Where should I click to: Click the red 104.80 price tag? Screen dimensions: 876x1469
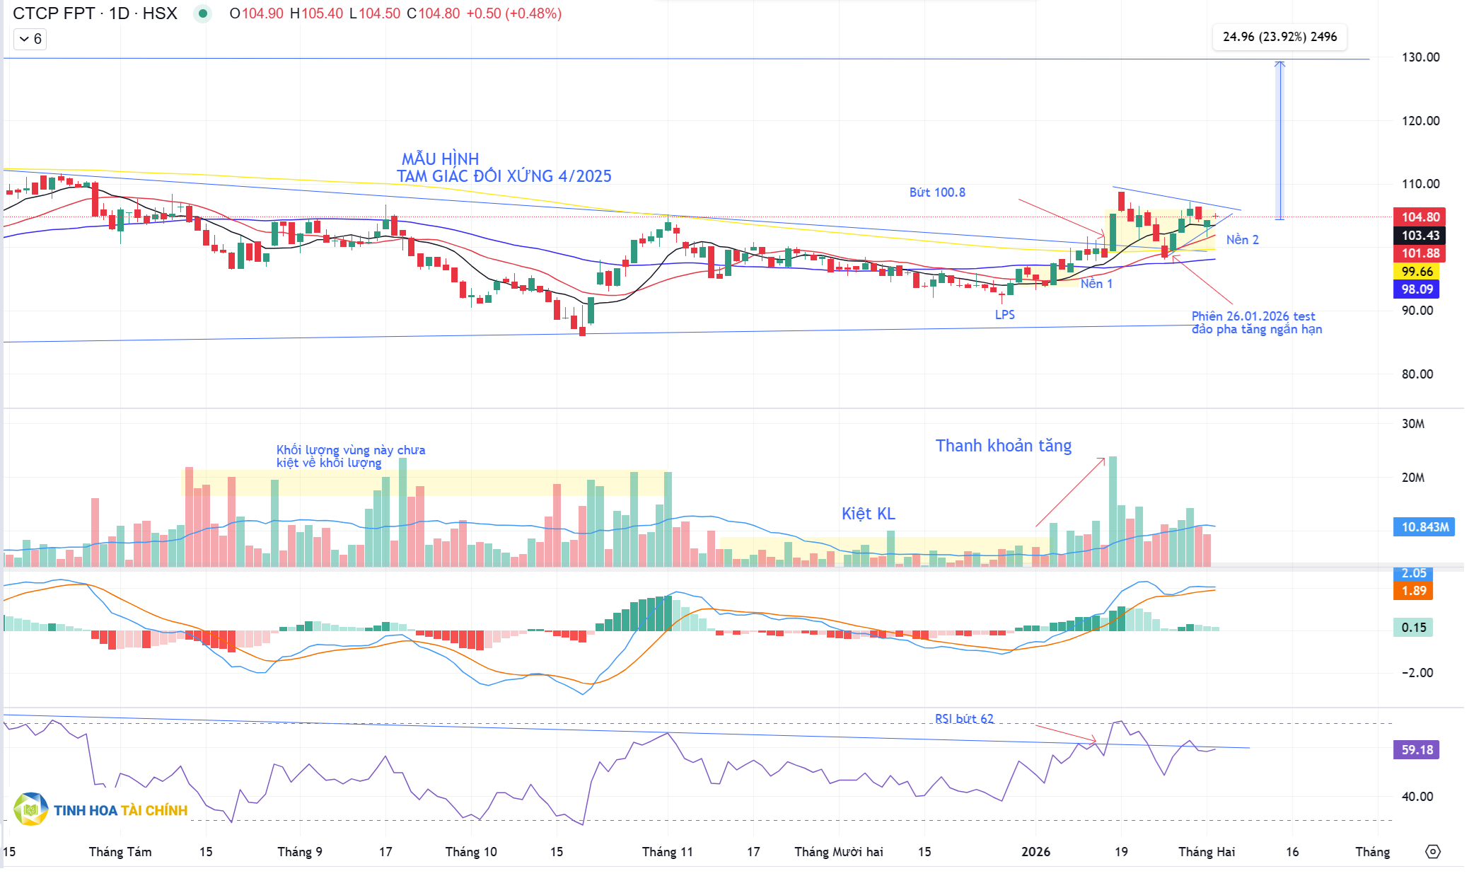(1419, 217)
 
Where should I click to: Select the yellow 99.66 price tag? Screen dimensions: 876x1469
(1417, 272)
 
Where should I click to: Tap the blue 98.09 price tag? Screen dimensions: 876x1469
(1417, 289)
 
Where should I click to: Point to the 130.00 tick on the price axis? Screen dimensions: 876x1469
(1420, 57)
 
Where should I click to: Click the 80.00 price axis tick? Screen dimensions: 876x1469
(1417, 374)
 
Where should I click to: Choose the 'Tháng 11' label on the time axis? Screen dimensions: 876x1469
(667, 852)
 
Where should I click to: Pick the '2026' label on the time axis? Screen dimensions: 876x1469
(1035, 852)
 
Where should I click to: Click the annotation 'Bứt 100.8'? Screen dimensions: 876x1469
(937, 192)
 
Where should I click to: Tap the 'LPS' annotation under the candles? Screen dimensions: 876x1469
(1004, 315)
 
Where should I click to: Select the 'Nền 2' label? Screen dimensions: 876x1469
(1242, 240)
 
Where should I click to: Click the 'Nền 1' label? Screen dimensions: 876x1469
(1096, 284)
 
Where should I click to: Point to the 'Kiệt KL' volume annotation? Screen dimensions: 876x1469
(868, 514)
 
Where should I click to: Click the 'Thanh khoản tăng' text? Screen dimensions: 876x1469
(1003, 446)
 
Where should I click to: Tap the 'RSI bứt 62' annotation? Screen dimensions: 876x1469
(964, 719)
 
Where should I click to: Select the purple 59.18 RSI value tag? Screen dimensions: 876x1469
(1417, 750)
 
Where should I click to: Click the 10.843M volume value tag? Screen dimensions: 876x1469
(1424, 527)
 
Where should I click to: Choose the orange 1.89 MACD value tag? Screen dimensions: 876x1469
(1413, 591)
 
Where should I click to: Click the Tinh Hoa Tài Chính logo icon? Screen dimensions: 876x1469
(30, 809)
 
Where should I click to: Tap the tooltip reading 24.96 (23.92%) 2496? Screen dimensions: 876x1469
(1279, 37)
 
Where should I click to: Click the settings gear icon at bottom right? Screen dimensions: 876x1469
(1432, 852)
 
